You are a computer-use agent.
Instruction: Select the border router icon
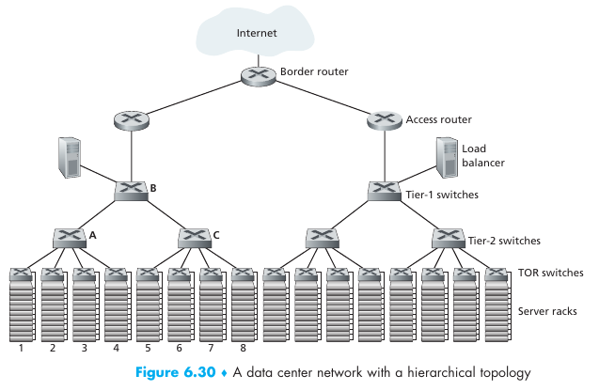click(x=256, y=75)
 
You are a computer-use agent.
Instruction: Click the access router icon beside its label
click(x=382, y=119)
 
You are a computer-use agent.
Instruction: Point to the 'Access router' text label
click(x=439, y=119)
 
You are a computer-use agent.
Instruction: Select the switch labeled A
click(x=69, y=237)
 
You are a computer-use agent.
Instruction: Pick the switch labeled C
click(x=194, y=237)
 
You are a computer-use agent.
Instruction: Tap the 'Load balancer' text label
click(x=483, y=155)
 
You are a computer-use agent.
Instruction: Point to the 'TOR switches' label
click(x=550, y=274)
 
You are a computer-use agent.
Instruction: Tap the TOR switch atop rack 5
click(x=147, y=275)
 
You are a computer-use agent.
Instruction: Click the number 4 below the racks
click(x=116, y=349)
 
